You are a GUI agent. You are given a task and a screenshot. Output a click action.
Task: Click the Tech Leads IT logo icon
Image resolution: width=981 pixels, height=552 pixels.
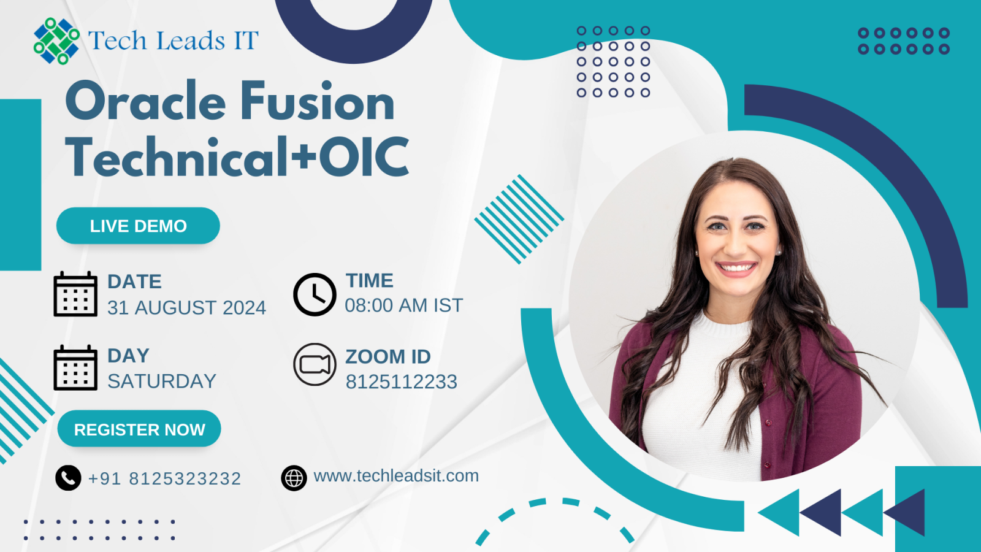point(56,40)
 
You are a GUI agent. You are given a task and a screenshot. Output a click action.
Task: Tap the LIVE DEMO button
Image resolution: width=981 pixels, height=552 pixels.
point(138,226)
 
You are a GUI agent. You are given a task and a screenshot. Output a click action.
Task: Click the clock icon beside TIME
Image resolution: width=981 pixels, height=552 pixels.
point(315,294)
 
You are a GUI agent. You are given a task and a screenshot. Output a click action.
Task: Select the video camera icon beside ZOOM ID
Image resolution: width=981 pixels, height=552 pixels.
point(315,364)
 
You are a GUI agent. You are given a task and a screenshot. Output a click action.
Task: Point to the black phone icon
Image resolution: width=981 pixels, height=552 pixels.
point(68,478)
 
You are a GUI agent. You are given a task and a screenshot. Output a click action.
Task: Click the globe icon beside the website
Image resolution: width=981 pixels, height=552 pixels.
point(294,478)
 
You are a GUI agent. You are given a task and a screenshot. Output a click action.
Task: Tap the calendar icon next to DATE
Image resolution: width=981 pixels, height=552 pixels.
point(75,294)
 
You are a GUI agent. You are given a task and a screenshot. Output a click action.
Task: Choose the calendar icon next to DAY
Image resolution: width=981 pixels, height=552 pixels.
point(75,367)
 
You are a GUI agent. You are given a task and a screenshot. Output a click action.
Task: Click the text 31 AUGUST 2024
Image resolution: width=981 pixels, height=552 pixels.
point(186,307)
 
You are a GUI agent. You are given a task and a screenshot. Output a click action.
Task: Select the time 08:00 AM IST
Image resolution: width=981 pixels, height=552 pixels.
point(404,305)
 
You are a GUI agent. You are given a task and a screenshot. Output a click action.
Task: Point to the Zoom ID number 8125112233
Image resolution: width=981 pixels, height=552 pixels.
point(401,381)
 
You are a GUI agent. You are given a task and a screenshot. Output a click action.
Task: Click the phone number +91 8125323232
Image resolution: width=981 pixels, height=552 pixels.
point(165,478)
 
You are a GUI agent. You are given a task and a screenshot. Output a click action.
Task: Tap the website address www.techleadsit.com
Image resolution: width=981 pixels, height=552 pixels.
point(396,476)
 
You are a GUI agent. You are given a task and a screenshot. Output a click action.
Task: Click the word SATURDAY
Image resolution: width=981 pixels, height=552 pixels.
point(162,381)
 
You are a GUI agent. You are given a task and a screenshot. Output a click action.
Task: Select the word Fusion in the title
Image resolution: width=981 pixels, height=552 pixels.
point(318,101)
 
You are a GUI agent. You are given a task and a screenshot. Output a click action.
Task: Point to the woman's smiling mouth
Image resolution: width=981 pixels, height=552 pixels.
point(736,267)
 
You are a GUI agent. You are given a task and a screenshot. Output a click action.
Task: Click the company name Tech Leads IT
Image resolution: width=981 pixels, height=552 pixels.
point(174,40)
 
